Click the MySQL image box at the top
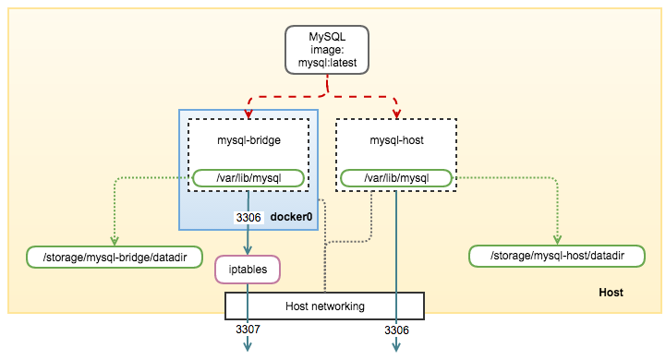[x=326, y=50]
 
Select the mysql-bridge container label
[x=248, y=140]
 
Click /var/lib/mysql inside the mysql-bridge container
[x=248, y=177]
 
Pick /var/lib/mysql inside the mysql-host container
[x=397, y=177]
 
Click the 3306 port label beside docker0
[x=248, y=217]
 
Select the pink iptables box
[x=247, y=269]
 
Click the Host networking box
[x=324, y=306]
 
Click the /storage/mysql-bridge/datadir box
[x=115, y=256]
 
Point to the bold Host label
[x=611, y=293]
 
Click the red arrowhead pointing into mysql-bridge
[x=248, y=114]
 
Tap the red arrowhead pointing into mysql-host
[x=397, y=114]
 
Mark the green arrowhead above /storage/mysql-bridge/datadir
[x=114, y=241]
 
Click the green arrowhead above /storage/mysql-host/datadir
[x=558, y=241]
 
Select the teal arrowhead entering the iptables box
[x=248, y=251]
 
